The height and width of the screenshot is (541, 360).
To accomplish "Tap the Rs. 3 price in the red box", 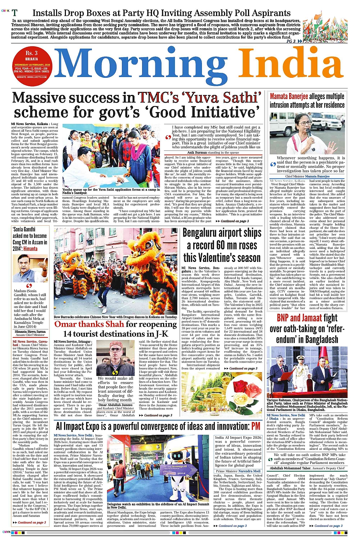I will pyautogui.click(x=32, y=53).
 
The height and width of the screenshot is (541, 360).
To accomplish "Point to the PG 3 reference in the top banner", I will pyautogui.click(x=291, y=41).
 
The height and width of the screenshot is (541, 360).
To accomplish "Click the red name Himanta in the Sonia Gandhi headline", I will pyautogui.click(x=30, y=249).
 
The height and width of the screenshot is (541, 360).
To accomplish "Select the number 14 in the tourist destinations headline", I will pyautogui.click(x=69, y=334).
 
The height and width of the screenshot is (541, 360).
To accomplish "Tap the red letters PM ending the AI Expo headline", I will pyautogui.click(x=256, y=426).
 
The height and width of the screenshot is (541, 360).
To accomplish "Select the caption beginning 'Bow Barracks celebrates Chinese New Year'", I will pyautogui.click(x=115, y=317).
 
